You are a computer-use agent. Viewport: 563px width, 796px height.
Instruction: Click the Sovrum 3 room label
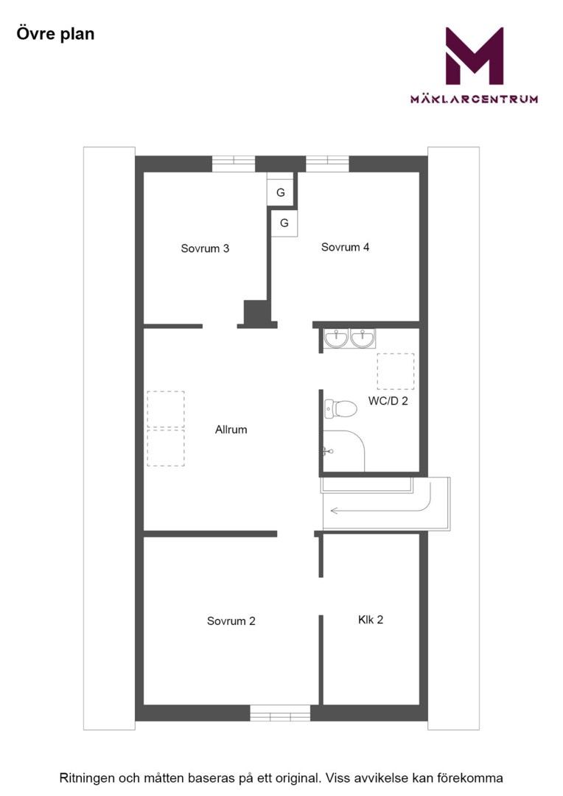point(205,248)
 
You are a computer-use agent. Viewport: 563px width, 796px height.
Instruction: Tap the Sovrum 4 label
point(345,247)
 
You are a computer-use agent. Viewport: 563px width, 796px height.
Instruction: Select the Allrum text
point(231,430)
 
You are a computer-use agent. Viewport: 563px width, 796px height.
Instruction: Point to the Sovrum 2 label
point(231,621)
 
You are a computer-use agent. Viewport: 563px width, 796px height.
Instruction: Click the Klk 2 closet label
point(371,619)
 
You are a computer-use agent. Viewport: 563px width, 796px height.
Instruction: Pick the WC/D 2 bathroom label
point(388,401)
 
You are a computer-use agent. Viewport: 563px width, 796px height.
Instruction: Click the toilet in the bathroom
point(340,408)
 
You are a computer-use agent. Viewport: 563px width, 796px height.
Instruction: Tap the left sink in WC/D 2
point(336,338)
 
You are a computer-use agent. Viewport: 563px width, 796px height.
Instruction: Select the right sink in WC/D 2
point(363,338)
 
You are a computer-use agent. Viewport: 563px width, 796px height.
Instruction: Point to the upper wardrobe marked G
point(280,192)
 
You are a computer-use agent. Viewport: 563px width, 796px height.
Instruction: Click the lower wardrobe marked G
point(284,223)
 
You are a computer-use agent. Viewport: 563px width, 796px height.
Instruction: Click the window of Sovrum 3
point(233,164)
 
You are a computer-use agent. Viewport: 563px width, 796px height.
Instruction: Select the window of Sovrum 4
point(327,164)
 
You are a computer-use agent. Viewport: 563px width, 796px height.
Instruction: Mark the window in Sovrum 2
point(280,713)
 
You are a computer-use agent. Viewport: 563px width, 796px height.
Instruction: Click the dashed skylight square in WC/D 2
point(396,371)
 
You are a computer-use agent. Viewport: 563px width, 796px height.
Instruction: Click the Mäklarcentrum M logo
point(474,56)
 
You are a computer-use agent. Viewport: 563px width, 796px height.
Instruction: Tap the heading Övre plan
point(55,34)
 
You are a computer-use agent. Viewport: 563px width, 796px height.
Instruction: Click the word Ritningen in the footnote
point(87,778)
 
